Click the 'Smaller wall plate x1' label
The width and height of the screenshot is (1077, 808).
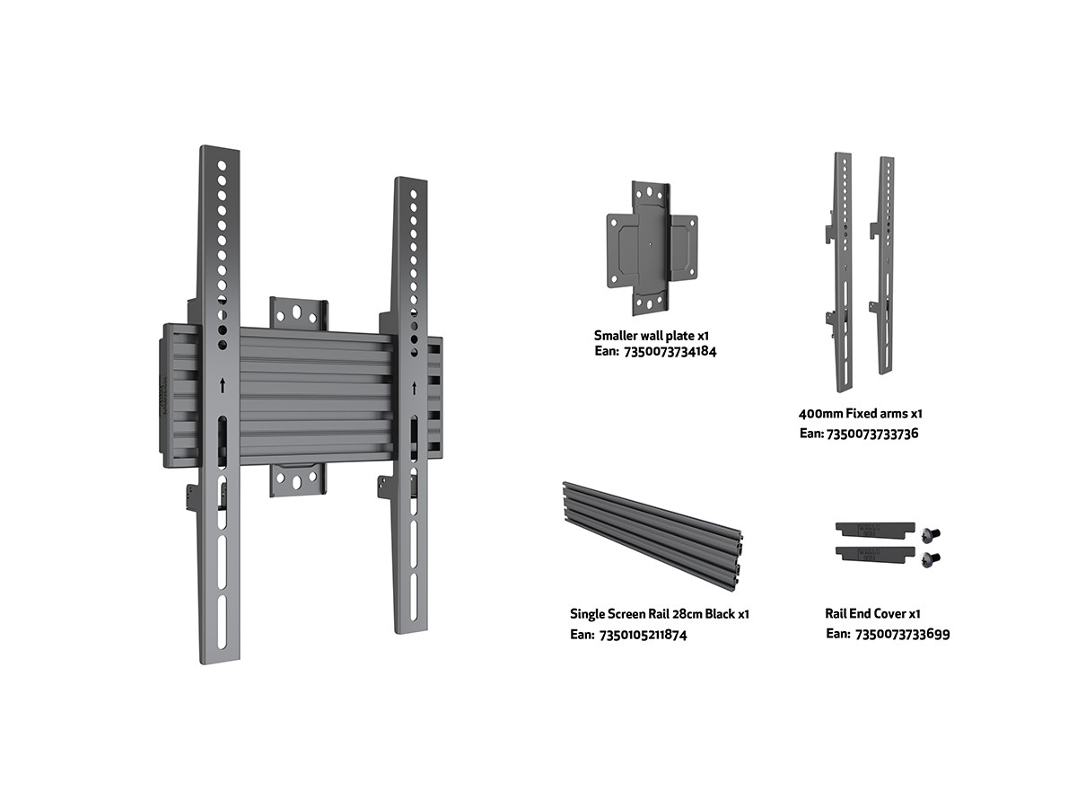(x=651, y=336)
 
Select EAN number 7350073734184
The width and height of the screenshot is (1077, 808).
(x=670, y=352)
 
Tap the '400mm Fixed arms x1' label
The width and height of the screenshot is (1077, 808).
(x=860, y=414)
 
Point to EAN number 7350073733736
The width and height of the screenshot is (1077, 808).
(x=871, y=434)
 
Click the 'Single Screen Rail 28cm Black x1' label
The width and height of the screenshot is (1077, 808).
(x=660, y=614)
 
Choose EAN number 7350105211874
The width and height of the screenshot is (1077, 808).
(x=643, y=635)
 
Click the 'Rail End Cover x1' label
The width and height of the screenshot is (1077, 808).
(x=872, y=613)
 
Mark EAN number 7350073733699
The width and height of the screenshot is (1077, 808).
(x=902, y=635)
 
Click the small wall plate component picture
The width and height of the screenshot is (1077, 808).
(x=652, y=249)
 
